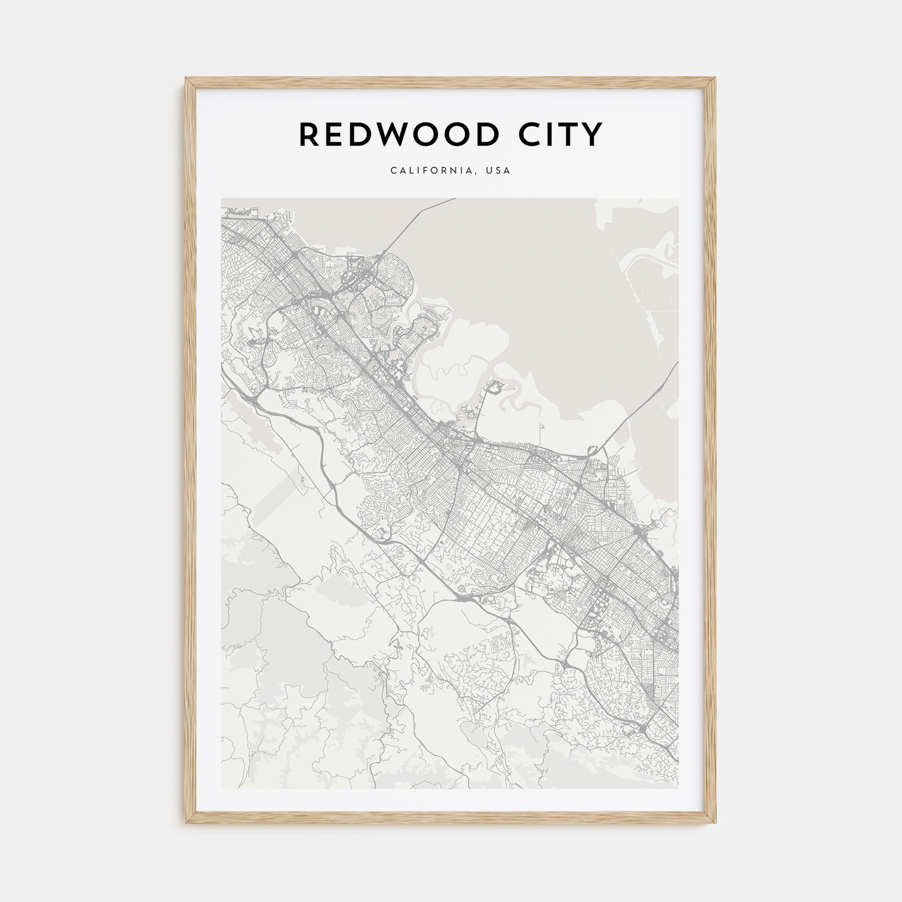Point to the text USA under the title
[498, 171]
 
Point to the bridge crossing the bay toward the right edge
[640, 406]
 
